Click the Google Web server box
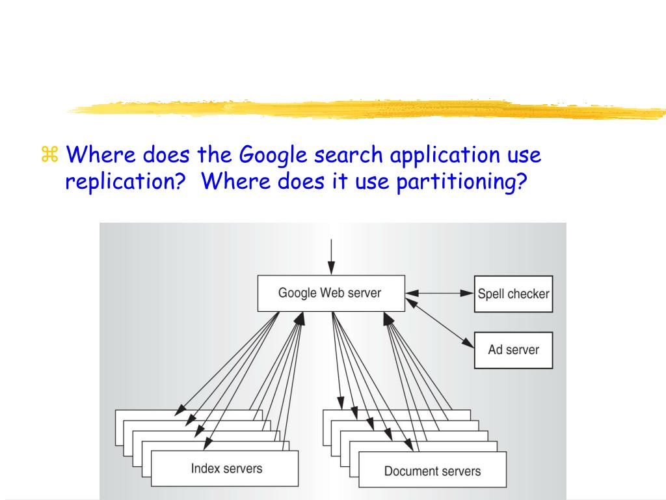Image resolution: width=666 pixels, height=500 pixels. click(330, 293)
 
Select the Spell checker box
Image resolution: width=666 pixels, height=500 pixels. click(513, 294)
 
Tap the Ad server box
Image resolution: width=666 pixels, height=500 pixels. click(513, 350)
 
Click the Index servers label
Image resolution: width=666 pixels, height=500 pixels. click(226, 468)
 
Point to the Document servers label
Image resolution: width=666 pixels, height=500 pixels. click(433, 471)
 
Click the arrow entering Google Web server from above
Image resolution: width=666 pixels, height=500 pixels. click(331, 257)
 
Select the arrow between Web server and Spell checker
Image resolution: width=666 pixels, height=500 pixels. click(440, 294)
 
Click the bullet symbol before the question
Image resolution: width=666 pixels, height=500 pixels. click(49, 156)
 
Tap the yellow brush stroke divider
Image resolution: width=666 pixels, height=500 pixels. click(364, 109)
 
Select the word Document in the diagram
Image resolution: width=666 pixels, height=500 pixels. click(408, 471)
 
